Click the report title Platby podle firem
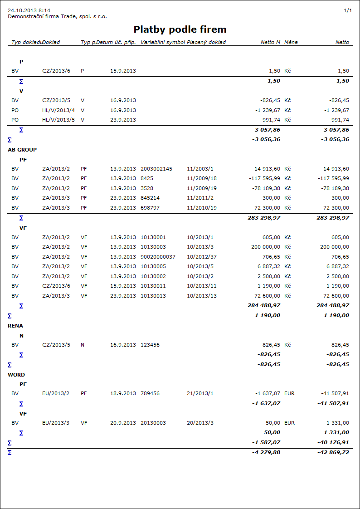pyautogui.click(x=180, y=29)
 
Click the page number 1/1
pyautogui.click(x=348, y=10)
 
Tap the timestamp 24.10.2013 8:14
pyautogui.click(x=29, y=10)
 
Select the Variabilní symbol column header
pyautogui.click(x=163, y=42)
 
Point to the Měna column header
pyautogui.click(x=291, y=42)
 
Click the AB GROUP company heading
pyautogui.click(x=22, y=150)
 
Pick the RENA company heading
pyautogui.click(x=15, y=326)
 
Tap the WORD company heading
pyautogui.click(x=16, y=375)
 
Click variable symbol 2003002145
pyautogui.click(x=156, y=169)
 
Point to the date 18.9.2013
pyautogui.click(x=123, y=394)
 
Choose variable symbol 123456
pyautogui.click(x=150, y=345)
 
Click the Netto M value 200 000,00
pyautogui.click(x=266, y=247)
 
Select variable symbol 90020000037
pyautogui.click(x=158, y=257)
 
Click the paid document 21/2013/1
pyautogui.click(x=200, y=394)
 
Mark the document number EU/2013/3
pyautogui.click(x=56, y=423)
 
